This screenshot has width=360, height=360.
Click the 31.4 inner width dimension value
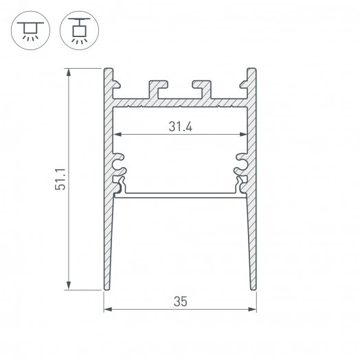pos(179,126)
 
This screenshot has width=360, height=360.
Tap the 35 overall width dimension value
pos(180,300)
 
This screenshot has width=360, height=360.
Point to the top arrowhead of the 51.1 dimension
pos(69,71)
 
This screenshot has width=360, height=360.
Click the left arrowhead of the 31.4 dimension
pos(117,134)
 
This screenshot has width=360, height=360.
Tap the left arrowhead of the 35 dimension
pos(107,308)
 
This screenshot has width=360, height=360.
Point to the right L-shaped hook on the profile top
pos(201,87)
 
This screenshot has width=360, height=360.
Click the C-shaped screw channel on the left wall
pos(117,162)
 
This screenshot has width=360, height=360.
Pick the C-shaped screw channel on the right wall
pos(243,162)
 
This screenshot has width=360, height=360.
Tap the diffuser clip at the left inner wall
pos(119,185)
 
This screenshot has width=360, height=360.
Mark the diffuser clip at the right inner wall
pos(241,185)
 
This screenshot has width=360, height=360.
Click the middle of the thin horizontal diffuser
pos(180,194)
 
